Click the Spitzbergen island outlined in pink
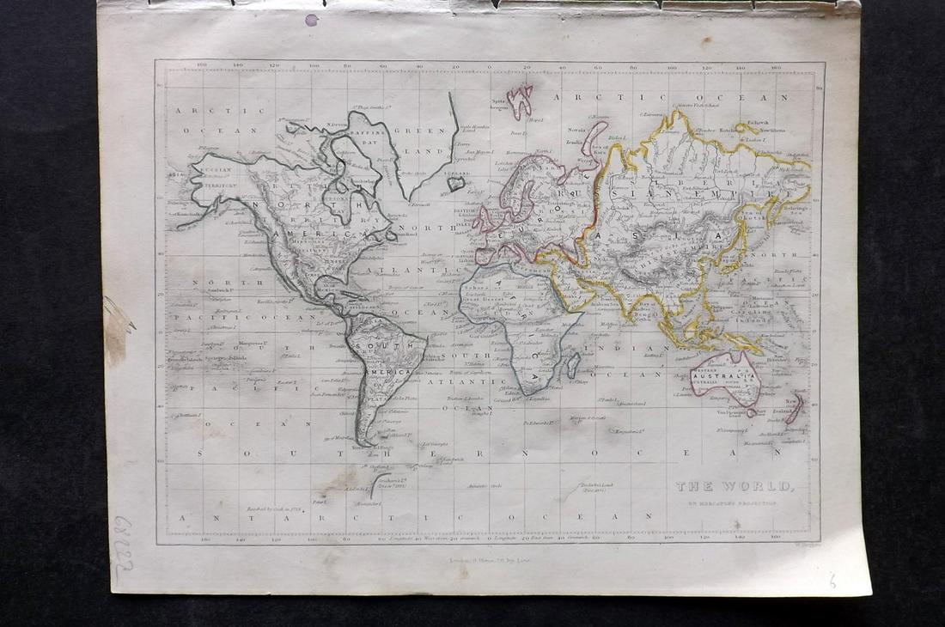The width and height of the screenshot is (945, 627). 520,100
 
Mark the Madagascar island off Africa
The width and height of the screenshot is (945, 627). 572,364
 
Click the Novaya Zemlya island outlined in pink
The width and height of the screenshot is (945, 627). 594,137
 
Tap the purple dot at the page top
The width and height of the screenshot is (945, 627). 311,20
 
